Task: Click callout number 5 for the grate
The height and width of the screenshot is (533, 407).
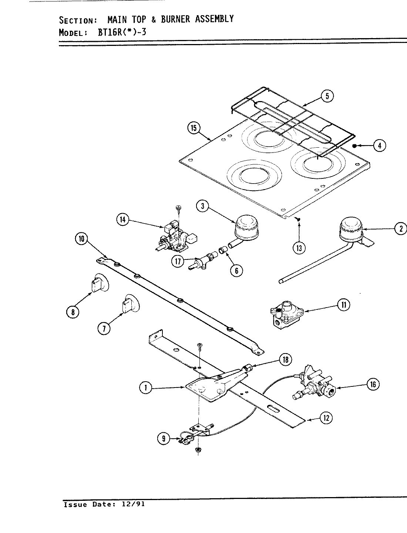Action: pyautogui.click(x=327, y=96)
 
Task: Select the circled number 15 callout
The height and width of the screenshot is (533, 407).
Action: pyautogui.click(x=193, y=128)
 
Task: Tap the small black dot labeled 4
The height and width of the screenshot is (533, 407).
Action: pyautogui.click(x=354, y=145)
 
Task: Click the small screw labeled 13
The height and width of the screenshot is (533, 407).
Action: pyautogui.click(x=298, y=220)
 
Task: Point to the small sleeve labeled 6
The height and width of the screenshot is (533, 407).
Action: pyautogui.click(x=224, y=251)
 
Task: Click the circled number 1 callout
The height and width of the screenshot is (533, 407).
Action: pyautogui.click(x=146, y=388)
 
